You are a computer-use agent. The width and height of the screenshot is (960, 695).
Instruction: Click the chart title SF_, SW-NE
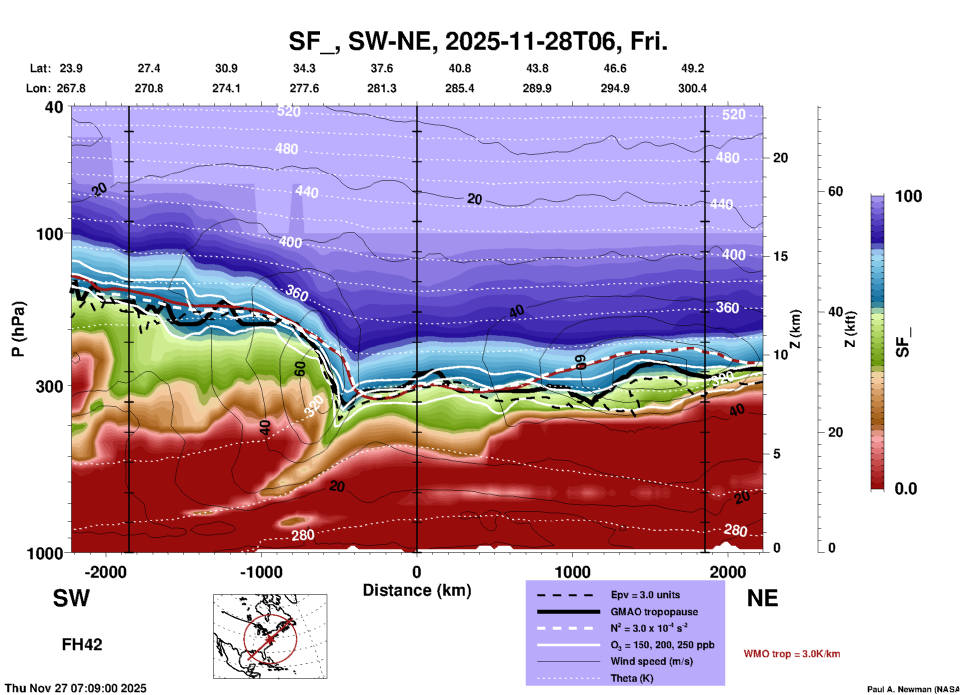point(478,41)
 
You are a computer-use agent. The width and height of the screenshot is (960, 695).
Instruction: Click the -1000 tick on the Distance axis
point(261,572)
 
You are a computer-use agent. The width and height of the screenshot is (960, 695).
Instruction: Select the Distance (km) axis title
point(417,590)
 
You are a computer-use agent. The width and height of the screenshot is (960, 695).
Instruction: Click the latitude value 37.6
point(382,68)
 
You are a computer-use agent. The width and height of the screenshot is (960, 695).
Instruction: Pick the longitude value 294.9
point(615,88)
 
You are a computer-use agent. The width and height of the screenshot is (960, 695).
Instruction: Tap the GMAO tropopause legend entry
point(654,612)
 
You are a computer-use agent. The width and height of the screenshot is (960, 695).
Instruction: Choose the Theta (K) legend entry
point(632,678)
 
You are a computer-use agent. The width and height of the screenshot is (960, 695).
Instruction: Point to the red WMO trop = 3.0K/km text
point(792,654)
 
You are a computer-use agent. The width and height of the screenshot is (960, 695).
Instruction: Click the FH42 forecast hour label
point(82,644)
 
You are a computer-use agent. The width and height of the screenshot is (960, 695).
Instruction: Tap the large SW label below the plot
point(71,598)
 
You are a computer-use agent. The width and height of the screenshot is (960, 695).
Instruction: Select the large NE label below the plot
point(762,598)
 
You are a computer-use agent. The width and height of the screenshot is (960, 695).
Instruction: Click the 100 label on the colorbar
point(908,196)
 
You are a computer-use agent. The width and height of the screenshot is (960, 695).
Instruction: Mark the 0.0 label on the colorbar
point(906,488)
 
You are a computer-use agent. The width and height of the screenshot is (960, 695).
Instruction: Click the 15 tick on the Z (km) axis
point(780,256)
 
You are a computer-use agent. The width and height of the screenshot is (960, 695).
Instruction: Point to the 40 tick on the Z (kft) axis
point(835,312)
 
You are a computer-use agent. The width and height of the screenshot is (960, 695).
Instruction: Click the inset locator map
point(270,636)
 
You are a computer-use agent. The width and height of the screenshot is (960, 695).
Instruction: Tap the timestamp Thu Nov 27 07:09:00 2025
point(76,688)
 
